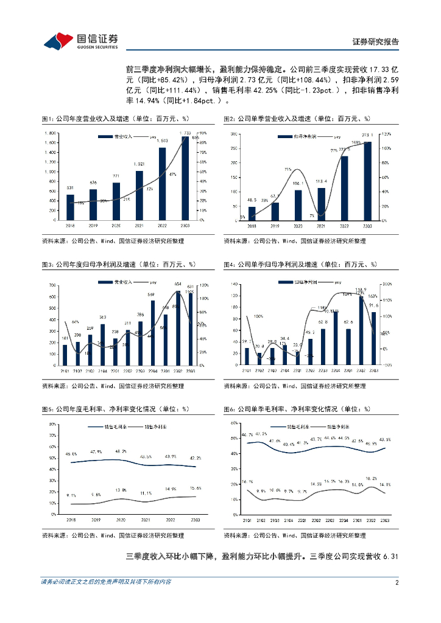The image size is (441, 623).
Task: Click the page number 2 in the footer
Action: (x=397, y=582)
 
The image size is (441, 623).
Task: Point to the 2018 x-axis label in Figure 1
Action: (x=70, y=226)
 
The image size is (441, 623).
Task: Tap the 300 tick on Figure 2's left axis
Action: (x=233, y=133)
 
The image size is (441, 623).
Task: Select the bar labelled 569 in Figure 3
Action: (x=152, y=333)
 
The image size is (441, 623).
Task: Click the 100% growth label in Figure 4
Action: (x=259, y=316)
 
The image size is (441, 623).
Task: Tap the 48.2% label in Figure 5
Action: (x=121, y=451)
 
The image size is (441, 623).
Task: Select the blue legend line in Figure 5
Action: (x=97, y=427)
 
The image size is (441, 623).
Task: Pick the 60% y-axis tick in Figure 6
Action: (x=233, y=422)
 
